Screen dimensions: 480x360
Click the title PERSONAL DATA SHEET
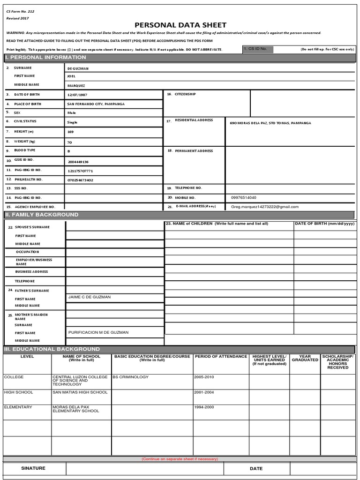(x=180, y=25)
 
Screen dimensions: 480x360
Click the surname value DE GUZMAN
(x=78, y=68)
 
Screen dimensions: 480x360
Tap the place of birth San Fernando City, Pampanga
(x=96, y=104)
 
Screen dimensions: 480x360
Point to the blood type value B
(x=69, y=151)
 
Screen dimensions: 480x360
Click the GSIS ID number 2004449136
(x=78, y=161)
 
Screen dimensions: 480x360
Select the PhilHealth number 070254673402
(x=80, y=180)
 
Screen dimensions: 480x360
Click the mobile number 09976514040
(x=244, y=197)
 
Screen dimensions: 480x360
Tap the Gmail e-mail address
(x=264, y=206)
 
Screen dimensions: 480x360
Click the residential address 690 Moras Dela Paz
(x=270, y=123)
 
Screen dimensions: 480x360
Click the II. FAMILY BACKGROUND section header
(x=42, y=215)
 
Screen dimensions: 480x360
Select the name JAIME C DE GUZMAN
(x=90, y=297)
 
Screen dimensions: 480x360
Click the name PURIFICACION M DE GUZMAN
(x=98, y=332)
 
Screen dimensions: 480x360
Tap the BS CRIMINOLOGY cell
(x=130, y=377)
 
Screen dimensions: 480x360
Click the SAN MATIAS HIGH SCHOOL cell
(x=80, y=392)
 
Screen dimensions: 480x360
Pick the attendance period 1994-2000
(x=203, y=407)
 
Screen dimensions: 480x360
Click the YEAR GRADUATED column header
(x=305, y=358)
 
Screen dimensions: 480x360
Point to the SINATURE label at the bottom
(x=33, y=468)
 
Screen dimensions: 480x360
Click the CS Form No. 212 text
(x=20, y=11)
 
